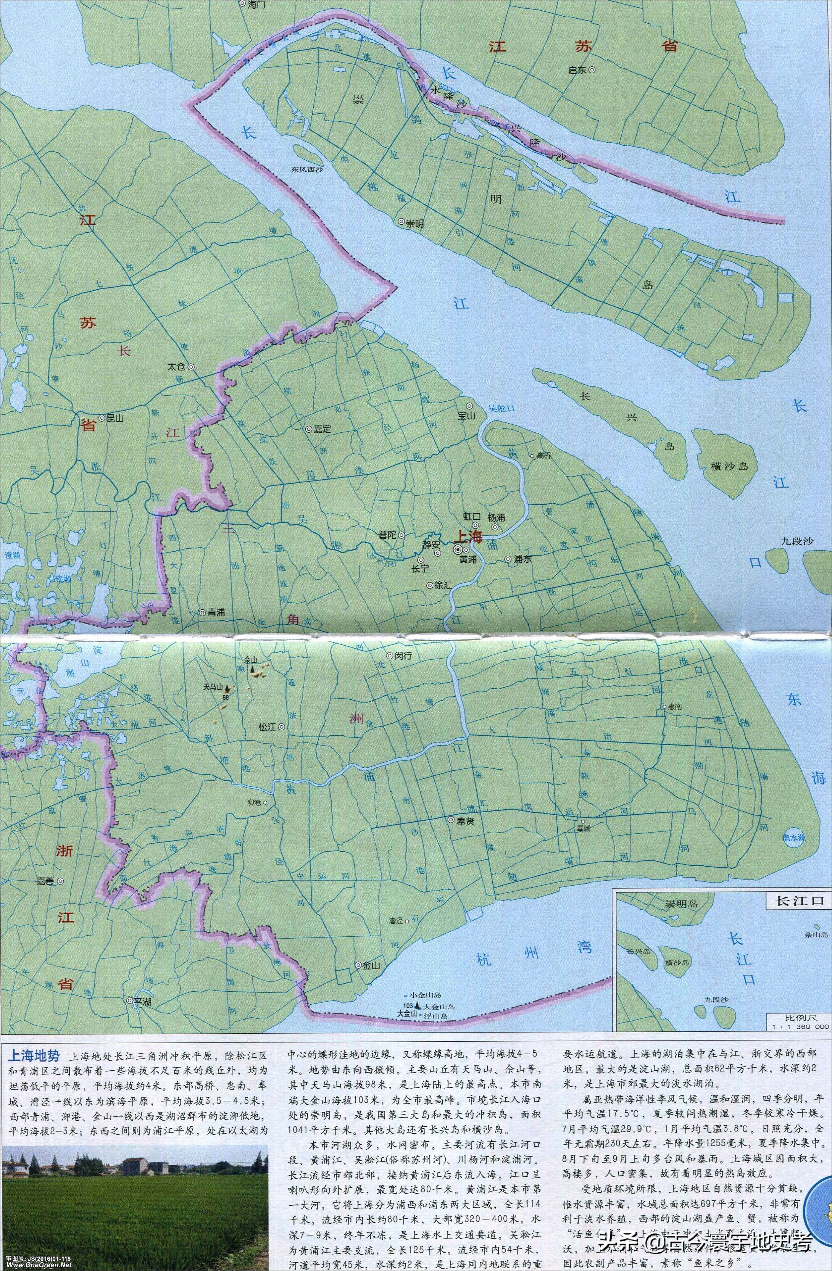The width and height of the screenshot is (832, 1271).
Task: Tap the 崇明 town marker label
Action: [x=414, y=224]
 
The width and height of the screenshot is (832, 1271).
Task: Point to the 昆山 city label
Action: [x=115, y=418]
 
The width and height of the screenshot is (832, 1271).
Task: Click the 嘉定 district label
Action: [x=322, y=429]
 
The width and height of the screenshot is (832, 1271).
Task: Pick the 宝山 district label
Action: [x=466, y=415]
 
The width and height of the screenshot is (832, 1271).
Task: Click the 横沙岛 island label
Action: [x=730, y=466]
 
